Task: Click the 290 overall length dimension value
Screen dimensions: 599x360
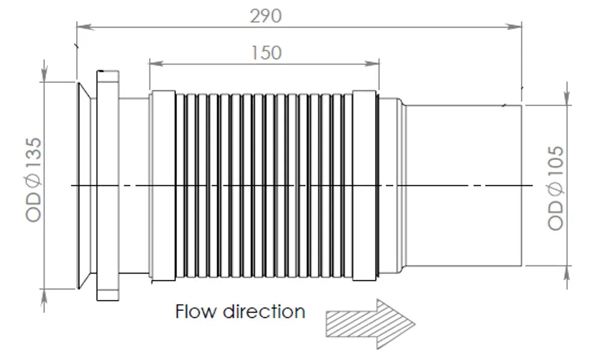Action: [x=266, y=16]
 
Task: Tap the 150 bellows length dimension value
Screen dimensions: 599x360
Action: [x=267, y=53]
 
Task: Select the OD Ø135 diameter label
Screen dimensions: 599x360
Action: [x=34, y=180]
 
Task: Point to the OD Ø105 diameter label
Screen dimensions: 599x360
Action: [x=555, y=188]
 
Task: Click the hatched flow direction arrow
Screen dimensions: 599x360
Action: [x=370, y=324]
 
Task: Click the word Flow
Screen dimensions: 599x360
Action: [x=196, y=311]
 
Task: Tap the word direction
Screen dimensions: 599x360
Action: [x=264, y=311]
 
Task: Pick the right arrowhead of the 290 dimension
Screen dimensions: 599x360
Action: [x=513, y=26]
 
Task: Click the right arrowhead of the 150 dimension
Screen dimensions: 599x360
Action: [x=371, y=63]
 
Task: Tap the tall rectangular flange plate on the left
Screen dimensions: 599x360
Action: [x=108, y=185]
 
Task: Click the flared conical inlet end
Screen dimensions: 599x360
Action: [x=84, y=185]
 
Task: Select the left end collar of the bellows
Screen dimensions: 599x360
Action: [x=164, y=186]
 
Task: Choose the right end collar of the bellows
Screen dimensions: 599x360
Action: [x=364, y=186]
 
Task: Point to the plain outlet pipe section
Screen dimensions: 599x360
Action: [x=464, y=185]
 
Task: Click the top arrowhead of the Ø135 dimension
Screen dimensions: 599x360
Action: [x=45, y=73]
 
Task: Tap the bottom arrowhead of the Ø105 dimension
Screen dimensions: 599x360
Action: [x=567, y=275]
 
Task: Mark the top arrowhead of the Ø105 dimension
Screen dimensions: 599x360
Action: [x=567, y=96]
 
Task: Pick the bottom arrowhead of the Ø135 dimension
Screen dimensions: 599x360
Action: [x=45, y=298]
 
